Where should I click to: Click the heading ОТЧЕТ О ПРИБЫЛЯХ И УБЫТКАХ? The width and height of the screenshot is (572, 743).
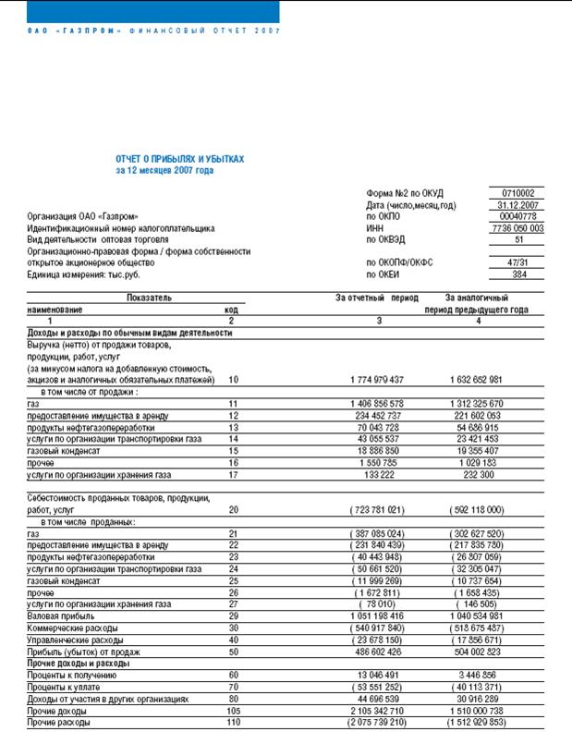pyautogui.click(x=180, y=159)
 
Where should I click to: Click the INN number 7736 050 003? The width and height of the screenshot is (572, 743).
pyautogui.click(x=518, y=227)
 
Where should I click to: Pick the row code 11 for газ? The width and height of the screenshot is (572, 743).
pyautogui.click(x=231, y=404)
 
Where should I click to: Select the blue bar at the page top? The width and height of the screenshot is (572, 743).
pyautogui.click(x=140, y=11)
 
